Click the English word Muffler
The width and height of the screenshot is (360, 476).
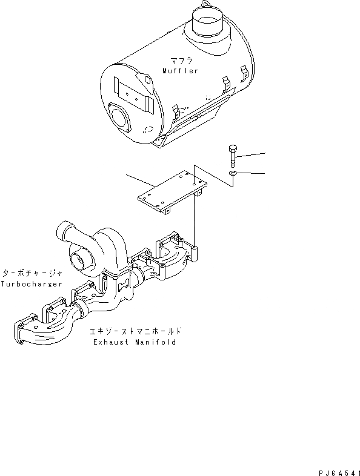click(180, 71)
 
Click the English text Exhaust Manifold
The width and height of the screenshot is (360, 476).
click(135, 342)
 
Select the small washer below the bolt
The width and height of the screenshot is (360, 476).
click(233, 174)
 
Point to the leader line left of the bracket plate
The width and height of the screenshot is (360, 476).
click(142, 180)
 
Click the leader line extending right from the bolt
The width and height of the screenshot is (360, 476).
click(252, 153)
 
